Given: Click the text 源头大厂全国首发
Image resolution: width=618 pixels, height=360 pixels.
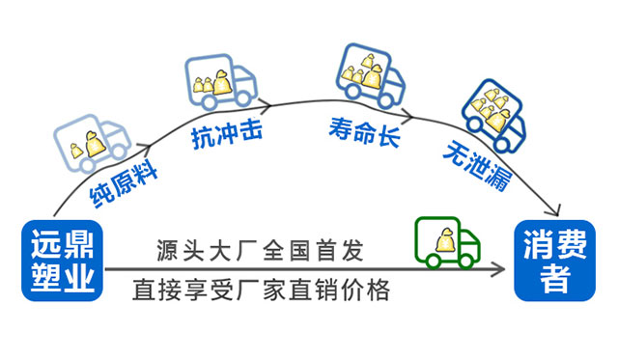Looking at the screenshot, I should (x=259, y=251).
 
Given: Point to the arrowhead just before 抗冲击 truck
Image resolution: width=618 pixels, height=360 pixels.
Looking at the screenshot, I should (x=151, y=147).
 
